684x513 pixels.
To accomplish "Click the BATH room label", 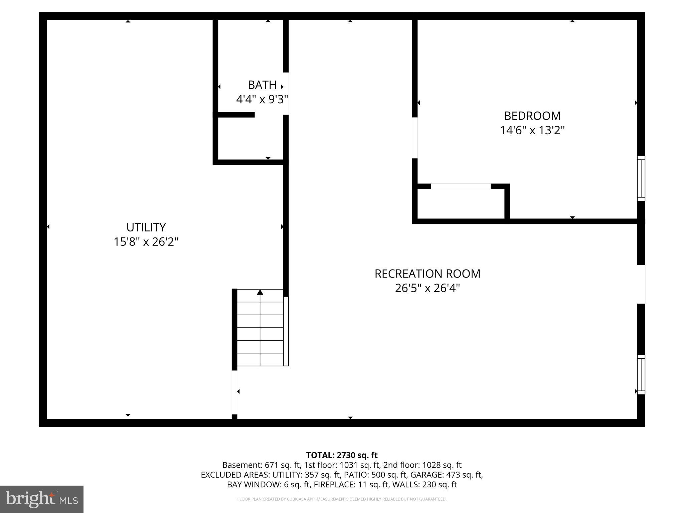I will coord(262,85).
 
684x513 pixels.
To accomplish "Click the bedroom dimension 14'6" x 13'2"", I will coord(532,130).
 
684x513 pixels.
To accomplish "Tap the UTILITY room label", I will coord(146,227).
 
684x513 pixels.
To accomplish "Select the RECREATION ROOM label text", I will coord(427,274).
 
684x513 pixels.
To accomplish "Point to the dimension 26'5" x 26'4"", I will coord(427,288).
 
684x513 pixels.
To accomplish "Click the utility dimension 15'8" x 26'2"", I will coord(146,242).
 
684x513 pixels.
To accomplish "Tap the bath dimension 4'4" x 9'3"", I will coord(262,100).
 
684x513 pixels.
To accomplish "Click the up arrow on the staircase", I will coord(260,293).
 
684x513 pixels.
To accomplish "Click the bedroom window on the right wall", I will coord(641,178).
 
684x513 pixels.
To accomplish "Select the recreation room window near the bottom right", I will coord(641,374).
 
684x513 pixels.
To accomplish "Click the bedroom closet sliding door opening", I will coord(461,186).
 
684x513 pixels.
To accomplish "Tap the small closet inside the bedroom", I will coord(461,204).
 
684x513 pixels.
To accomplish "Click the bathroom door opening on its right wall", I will coord(286,94).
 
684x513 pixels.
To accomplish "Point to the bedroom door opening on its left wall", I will coord(415,138).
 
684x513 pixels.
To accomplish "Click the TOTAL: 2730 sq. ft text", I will coord(342,455).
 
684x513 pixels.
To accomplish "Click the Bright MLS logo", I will coord(42,499).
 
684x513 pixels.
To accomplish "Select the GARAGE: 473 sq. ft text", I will coord(446,475).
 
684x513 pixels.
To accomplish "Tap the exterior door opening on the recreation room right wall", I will coord(641,284).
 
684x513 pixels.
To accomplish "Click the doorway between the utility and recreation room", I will coord(234,392).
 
